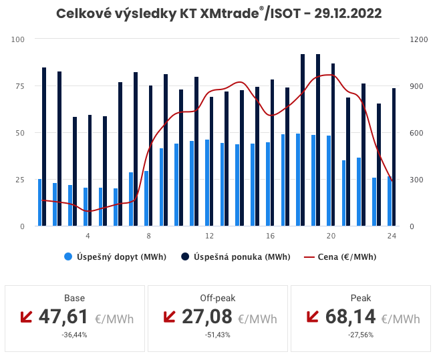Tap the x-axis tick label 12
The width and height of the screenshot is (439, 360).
[209, 236]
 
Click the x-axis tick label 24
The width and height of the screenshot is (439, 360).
[392, 236]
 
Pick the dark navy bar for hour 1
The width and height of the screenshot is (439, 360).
[44, 147]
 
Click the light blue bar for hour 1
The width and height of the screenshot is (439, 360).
[39, 202]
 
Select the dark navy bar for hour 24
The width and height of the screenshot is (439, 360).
[394, 157]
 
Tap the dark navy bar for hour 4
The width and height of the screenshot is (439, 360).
[90, 170]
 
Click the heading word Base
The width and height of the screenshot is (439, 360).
[74, 298]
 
